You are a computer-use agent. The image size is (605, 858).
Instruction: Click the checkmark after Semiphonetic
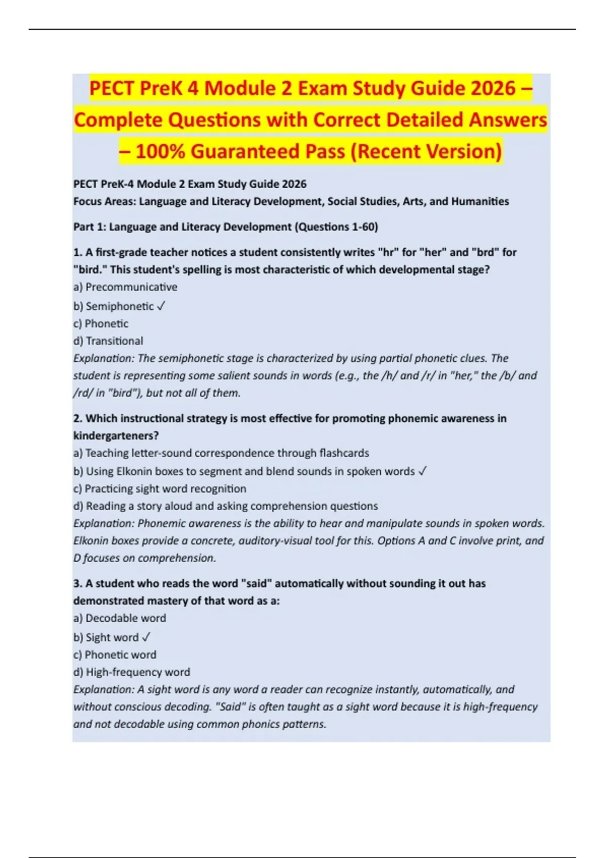pos(161,306)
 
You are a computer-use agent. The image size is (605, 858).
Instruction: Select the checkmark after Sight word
pos(146,637)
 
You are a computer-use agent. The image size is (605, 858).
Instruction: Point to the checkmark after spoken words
pos(422,471)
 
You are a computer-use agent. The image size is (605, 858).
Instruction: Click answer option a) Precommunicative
pos(126,287)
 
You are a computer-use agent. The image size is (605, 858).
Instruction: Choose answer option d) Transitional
pos(108,341)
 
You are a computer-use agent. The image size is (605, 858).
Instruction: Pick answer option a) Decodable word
pos(119,618)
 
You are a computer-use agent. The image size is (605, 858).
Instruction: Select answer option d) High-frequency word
pos(132,672)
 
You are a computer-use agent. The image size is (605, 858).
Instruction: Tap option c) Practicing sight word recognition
pos(160,489)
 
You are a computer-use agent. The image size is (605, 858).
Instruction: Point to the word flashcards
pos(344,453)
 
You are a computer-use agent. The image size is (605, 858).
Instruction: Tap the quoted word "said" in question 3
pos(256,583)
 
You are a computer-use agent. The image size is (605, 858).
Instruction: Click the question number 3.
pos(78,583)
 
